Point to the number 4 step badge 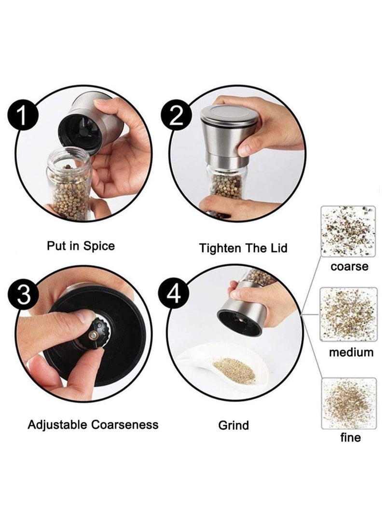click(x=174, y=295)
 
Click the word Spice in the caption click(x=99, y=246)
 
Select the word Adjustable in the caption click(x=58, y=425)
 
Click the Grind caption click(x=234, y=425)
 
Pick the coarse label click(x=349, y=267)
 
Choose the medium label click(x=351, y=352)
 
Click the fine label click(x=350, y=437)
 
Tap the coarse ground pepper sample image click(x=348, y=231)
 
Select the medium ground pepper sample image click(x=348, y=314)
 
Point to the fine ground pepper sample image click(x=349, y=403)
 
